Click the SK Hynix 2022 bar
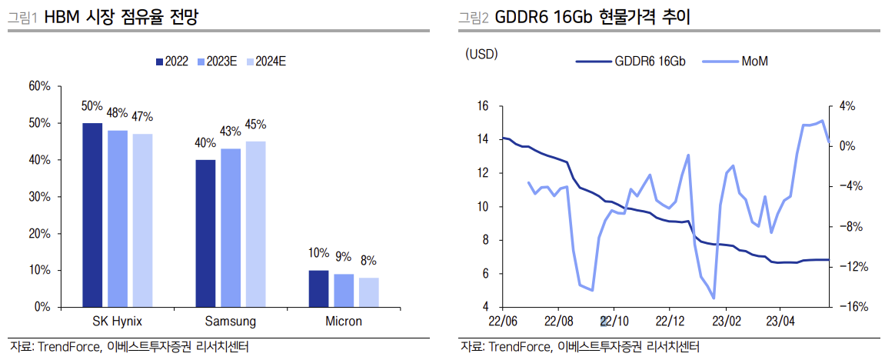(92, 215)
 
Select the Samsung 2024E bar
(255, 224)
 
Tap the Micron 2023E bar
(344, 290)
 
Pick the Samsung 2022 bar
(205, 233)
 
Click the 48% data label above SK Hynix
(117, 113)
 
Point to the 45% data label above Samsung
(255, 124)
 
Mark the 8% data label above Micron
(368, 261)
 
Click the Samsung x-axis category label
(230, 322)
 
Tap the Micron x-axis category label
(343, 322)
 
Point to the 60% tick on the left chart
(39, 86)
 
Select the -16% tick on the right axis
(853, 307)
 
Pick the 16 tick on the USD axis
(483, 106)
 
